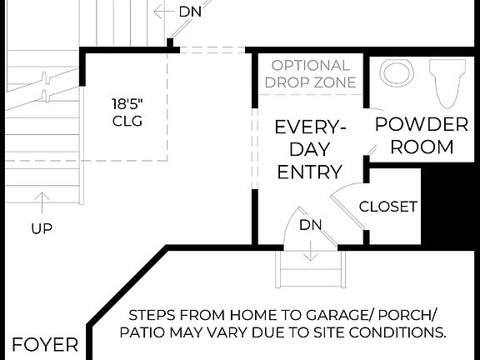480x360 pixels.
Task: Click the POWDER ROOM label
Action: pos(421,136)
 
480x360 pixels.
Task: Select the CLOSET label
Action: pos(387,207)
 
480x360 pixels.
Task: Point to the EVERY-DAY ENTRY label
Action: pos(309,150)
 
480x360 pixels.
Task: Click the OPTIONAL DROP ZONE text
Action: pos(310,73)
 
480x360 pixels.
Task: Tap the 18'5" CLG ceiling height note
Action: pos(127,112)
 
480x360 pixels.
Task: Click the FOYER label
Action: pos(45,345)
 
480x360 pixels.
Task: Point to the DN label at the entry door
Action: pos(310,225)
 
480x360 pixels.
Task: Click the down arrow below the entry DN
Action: pos(310,250)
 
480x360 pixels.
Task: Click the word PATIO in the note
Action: pos(147,332)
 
